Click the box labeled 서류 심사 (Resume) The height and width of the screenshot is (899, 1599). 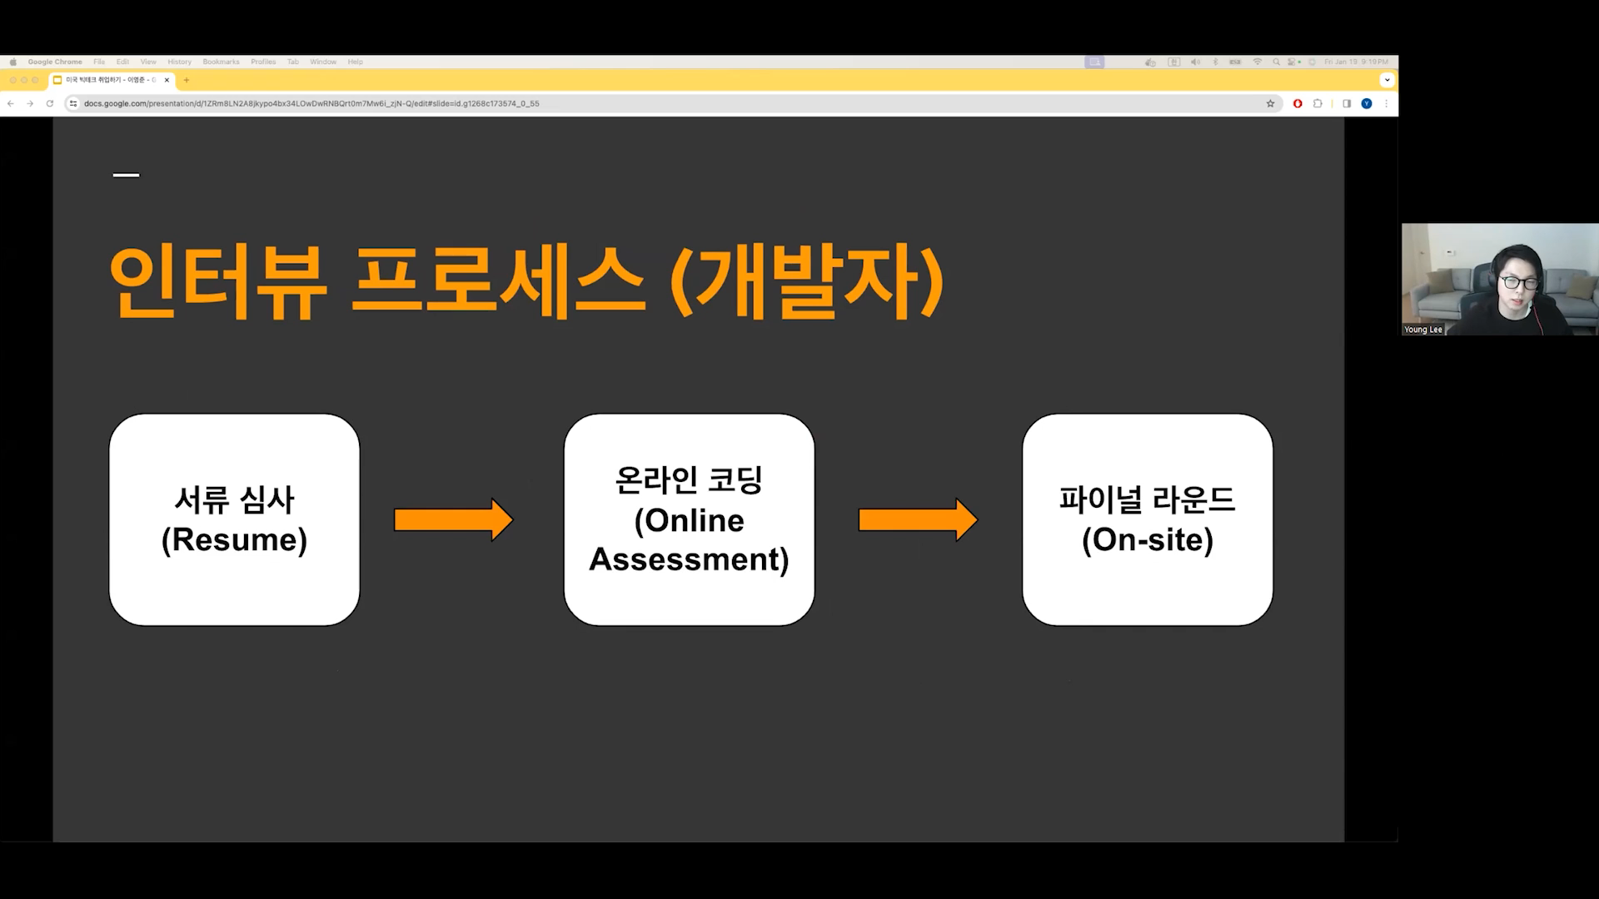tap(234, 519)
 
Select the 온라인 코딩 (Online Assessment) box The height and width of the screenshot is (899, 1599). tap(689, 519)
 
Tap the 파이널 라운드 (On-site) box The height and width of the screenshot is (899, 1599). tap(1147, 519)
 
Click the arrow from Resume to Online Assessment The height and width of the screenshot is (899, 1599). tap(453, 520)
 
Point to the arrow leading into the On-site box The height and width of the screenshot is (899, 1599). tap(917, 520)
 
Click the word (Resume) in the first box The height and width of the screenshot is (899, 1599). tap(234, 540)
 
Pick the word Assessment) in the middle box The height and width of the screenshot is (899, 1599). tap(689, 559)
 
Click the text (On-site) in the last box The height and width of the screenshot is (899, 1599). tap(1147, 540)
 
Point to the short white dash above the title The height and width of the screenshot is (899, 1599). tap(126, 175)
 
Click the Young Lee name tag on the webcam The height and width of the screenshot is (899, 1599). tap(1422, 330)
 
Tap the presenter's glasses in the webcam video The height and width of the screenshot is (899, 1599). tap(1520, 283)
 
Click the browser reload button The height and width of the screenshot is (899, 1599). tap(50, 103)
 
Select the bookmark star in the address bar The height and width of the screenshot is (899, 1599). tap(1270, 103)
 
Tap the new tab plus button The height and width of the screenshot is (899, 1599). tap(187, 80)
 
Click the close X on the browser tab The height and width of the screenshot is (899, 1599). tap(167, 80)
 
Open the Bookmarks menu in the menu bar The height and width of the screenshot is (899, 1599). tap(221, 62)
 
